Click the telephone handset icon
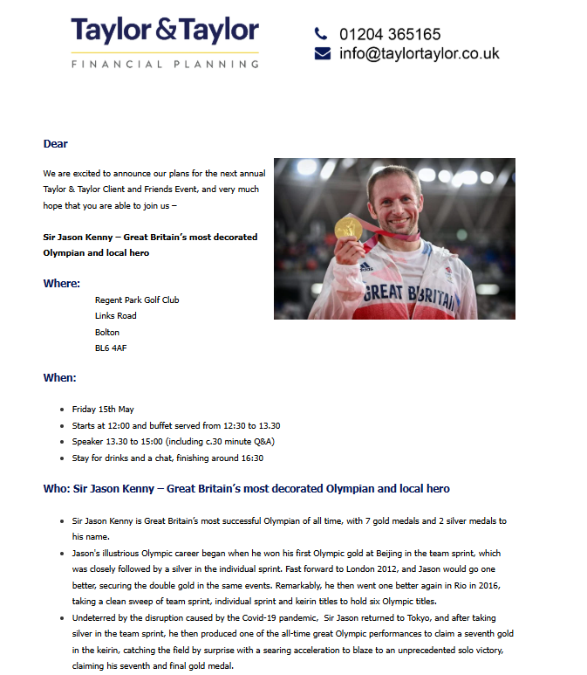(x=321, y=34)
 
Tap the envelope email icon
(x=322, y=53)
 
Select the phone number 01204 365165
(x=390, y=35)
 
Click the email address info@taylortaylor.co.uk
(x=420, y=53)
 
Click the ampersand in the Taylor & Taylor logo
(x=166, y=31)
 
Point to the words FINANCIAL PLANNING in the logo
(x=165, y=64)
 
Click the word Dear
(x=56, y=144)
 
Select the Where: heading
(x=62, y=283)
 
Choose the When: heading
(x=60, y=378)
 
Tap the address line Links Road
(x=116, y=316)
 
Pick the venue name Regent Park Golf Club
(x=137, y=300)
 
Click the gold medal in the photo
(x=348, y=231)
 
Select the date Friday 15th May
(x=103, y=409)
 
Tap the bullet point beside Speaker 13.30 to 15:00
(x=62, y=442)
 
